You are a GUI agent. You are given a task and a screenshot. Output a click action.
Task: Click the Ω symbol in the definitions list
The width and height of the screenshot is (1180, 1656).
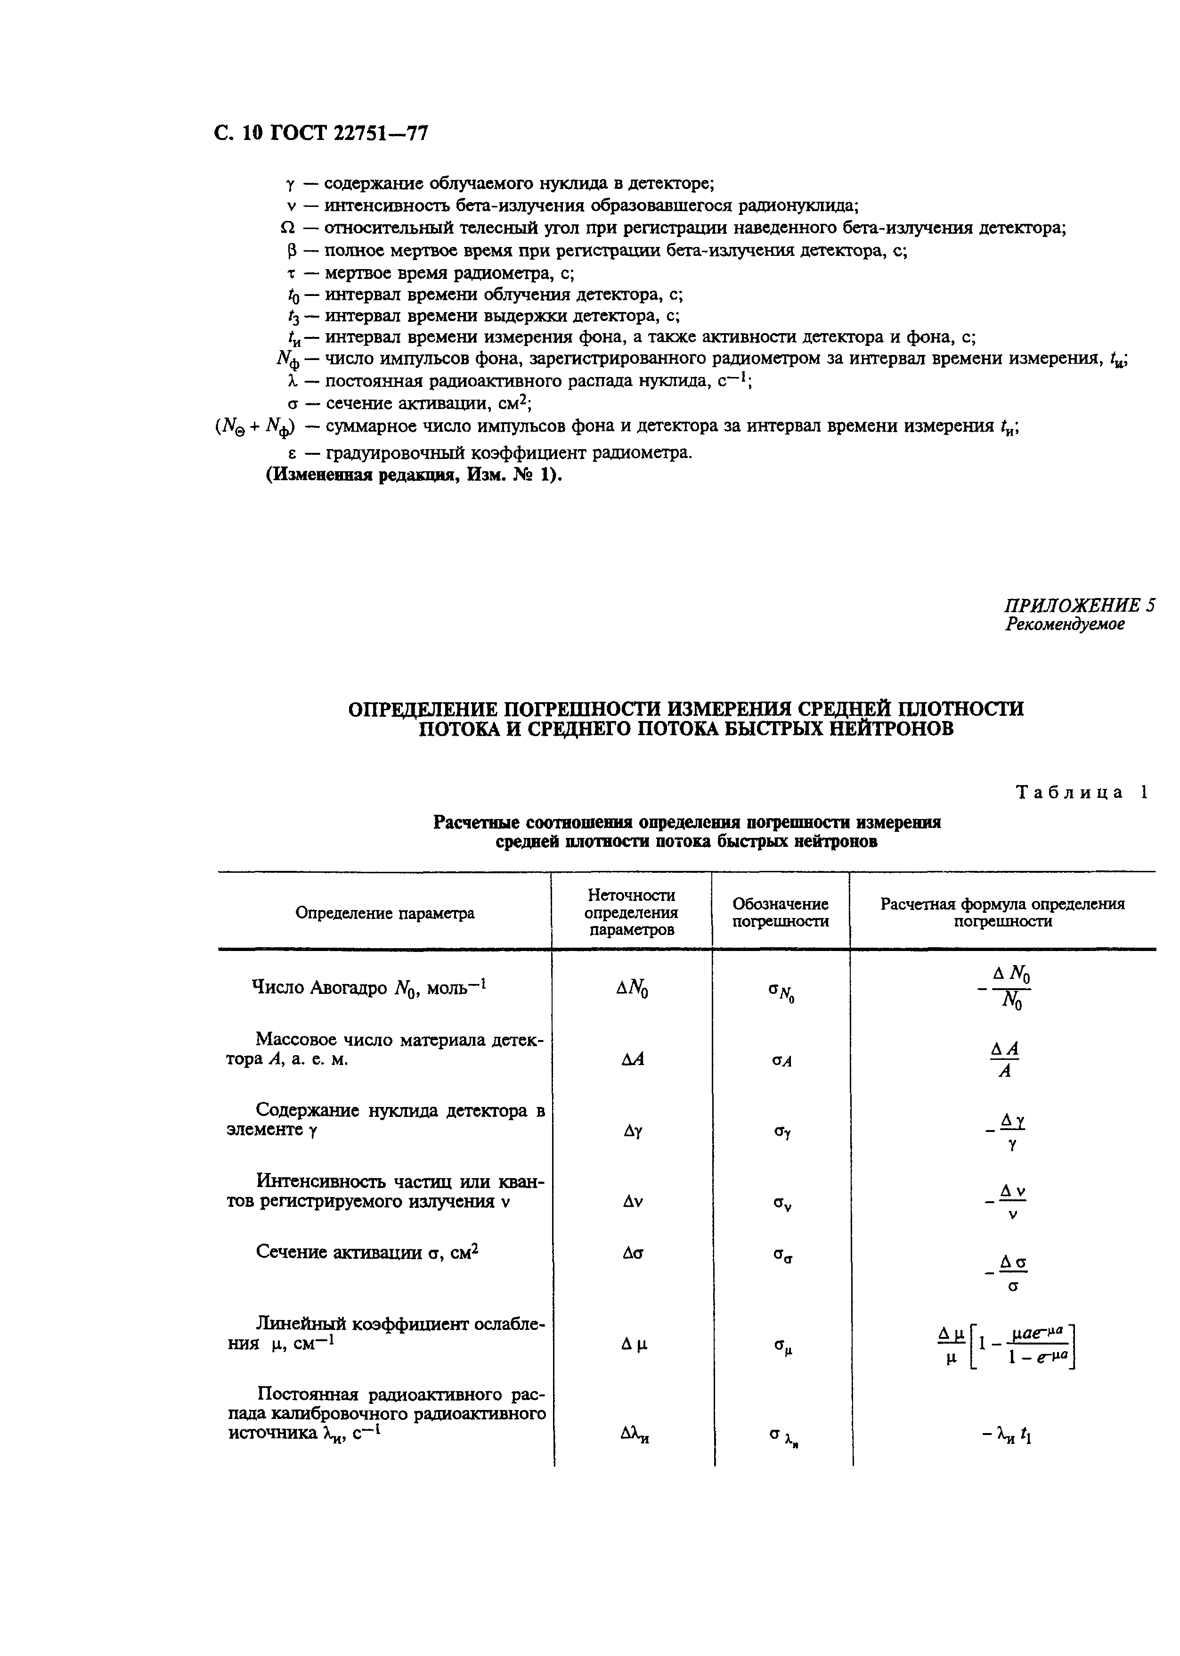[287, 228]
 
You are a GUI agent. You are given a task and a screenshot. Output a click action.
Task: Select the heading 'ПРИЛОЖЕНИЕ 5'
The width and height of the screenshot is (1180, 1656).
[1079, 606]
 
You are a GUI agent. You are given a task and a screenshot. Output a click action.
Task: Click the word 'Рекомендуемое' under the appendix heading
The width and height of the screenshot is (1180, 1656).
[1065, 624]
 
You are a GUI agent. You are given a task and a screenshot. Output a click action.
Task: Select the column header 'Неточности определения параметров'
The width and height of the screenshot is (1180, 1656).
[631, 912]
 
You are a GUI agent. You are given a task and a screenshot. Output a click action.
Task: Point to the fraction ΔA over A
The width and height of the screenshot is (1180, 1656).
[1005, 1059]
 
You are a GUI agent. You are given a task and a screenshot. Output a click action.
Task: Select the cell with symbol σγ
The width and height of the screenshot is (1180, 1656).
[781, 1132]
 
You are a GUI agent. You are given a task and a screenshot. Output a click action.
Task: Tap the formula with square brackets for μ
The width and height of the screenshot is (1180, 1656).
[1005, 1346]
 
